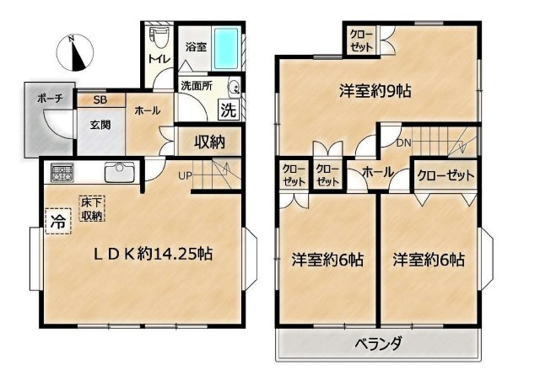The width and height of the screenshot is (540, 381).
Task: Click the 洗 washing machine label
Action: pyautogui.click(x=228, y=109)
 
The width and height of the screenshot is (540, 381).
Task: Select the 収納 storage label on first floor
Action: pyautogui.click(x=208, y=141)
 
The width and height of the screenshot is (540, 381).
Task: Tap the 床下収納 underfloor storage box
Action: pyautogui.click(x=92, y=209)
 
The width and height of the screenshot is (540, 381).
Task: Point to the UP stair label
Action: pyautogui.click(x=185, y=176)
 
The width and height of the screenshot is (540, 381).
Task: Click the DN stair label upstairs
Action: pyautogui.click(x=403, y=142)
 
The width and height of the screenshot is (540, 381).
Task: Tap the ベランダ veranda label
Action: pyautogui.click(x=376, y=344)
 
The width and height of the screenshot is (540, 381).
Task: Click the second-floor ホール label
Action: pyautogui.click(x=375, y=172)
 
